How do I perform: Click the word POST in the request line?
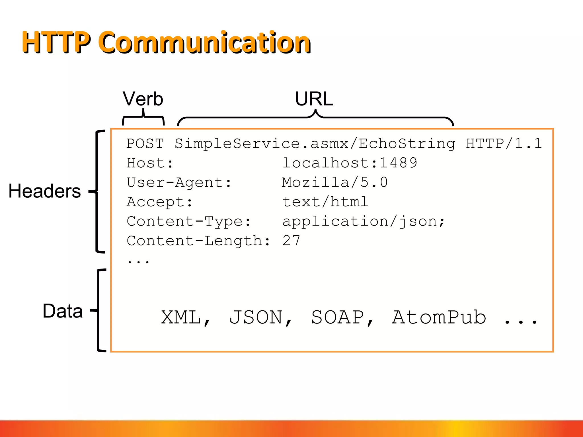145,143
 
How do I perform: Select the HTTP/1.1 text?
503,143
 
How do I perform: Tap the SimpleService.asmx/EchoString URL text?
315,143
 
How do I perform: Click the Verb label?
143,99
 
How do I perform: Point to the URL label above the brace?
314,99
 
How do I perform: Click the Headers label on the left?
45,191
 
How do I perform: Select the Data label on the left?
62,311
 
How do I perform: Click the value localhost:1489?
349,163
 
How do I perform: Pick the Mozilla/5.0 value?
334,182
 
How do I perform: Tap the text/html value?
325,202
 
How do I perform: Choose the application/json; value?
363,221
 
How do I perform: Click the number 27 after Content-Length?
291,241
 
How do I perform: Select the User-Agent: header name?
179,182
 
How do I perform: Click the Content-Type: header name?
188,221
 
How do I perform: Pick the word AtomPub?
439,318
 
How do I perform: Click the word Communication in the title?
204,43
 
